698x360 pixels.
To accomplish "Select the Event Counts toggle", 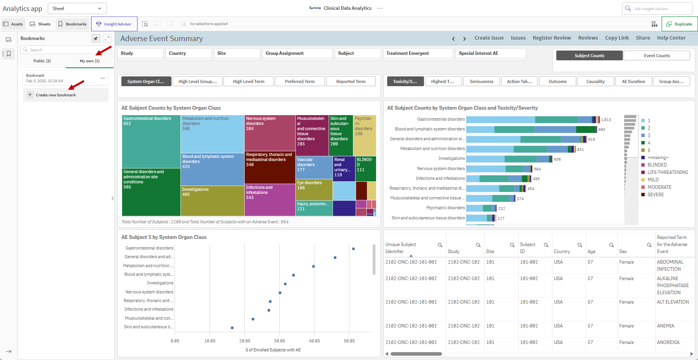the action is [657, 56].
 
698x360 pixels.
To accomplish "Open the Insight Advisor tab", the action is [114, 24].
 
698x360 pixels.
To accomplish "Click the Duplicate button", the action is [680, 24].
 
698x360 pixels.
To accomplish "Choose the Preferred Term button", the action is [299, 81].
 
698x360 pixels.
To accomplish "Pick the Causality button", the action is [595, 81].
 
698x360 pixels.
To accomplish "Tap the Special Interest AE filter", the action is [491, 53].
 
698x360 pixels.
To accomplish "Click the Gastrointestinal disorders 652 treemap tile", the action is [151, 141].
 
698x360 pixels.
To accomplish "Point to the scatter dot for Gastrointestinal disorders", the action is [354, 249].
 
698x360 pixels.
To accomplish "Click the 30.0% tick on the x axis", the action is [280, 341].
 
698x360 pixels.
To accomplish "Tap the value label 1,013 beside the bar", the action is [606, 120].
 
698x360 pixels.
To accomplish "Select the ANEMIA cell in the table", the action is [666, 326].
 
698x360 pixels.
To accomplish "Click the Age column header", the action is [592, 251].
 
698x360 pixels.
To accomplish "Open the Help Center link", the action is [671, 38].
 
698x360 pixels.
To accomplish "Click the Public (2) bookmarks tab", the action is [42, 61].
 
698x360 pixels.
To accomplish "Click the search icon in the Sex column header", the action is [649, 245].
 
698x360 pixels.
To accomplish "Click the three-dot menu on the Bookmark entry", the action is [103, 78].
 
